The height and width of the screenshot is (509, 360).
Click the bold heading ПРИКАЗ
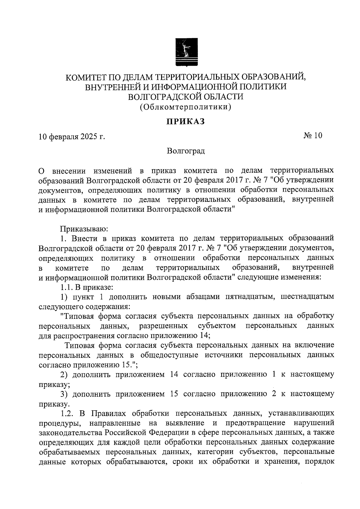click(x=186, y=121)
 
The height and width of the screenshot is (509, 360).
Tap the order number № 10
click(x=313, y=136)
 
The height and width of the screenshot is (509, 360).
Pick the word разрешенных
click(x=164, y=326)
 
